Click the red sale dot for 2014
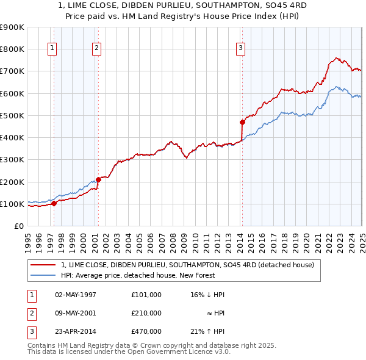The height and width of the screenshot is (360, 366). tap(242, 122)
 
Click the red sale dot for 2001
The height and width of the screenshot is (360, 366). tap(98, 179)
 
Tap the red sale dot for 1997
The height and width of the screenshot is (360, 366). tap(54, 203)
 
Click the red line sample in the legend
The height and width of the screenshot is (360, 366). tap(43, 265)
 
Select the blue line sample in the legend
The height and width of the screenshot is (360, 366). tap(43, 275)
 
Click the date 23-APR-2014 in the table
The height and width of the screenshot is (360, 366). tap(73, 331)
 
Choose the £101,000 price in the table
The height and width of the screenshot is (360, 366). tap(146, 295)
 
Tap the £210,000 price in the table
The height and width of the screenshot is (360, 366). tap(146, 313)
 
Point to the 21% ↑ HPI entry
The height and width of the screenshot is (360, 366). tap(207, 331)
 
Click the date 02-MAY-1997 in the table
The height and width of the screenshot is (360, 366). tap(73, 295)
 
